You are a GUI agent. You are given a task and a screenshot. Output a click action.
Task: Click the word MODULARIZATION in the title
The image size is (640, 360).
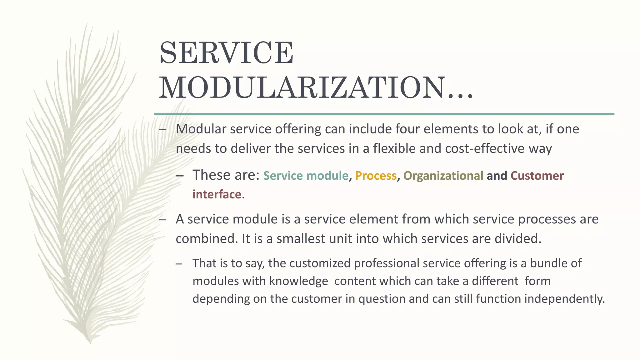(x=302, y=88)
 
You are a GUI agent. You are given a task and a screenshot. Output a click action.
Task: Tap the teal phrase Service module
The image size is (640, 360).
(x=306, y=176)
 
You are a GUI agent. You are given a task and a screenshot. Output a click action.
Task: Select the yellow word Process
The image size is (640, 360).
(x=376, y=176)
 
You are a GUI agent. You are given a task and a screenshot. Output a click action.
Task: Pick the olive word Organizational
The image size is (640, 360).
(x=443, y=176)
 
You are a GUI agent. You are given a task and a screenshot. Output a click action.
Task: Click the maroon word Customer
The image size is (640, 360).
(x=537, y=176)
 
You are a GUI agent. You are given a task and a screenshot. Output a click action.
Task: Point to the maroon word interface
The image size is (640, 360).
(x=217, y=194)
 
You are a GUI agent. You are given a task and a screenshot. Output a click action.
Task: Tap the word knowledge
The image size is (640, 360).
(x=298, y=281)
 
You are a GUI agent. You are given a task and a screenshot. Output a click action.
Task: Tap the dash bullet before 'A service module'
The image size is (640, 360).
(x=162, y=220)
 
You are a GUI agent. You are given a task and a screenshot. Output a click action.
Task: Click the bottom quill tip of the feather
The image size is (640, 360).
(x=90, y=342)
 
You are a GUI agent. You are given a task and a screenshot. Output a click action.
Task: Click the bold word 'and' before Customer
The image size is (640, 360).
(x=497, y=176)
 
